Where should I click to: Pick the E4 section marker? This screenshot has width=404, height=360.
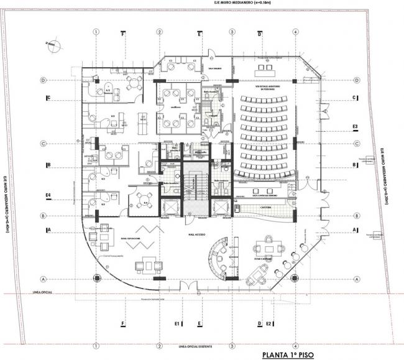[x=48, y=196]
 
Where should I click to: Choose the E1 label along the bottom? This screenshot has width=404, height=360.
[x=177, y=324]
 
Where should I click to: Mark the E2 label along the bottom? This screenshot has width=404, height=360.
[x=269, y=324]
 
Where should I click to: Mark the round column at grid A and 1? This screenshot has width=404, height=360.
[x=96, y=279]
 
